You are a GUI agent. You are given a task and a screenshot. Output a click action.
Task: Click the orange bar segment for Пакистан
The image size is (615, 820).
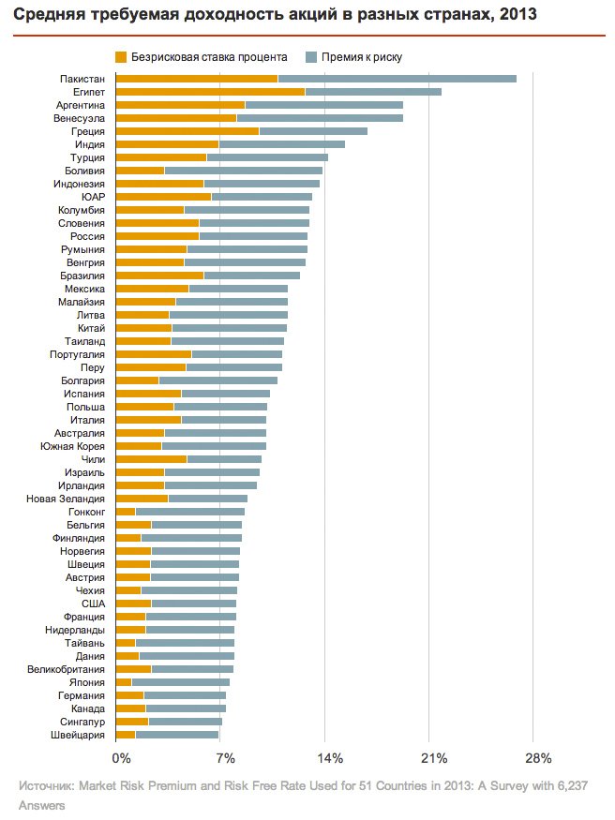196,79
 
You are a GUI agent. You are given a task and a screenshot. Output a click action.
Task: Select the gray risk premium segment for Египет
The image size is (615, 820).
373,92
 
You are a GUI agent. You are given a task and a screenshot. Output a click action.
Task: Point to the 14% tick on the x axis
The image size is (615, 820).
330,757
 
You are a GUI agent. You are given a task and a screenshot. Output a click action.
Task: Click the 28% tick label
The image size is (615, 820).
538,757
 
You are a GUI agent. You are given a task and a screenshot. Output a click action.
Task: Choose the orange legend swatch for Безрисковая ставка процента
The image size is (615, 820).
121,57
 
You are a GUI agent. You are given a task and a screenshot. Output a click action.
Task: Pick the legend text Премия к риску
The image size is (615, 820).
362,57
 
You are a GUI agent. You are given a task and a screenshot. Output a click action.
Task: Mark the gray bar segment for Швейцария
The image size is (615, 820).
176,735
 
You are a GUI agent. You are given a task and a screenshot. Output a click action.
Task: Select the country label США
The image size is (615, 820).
94,604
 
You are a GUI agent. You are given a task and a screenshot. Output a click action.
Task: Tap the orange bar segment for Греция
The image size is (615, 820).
187,131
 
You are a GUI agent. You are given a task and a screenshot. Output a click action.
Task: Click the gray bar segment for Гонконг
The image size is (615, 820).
189,512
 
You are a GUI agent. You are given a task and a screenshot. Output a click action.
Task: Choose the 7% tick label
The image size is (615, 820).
225,757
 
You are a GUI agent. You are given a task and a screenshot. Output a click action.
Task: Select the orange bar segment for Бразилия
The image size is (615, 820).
159,276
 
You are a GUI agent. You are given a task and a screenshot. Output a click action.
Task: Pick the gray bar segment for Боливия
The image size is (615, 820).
243,171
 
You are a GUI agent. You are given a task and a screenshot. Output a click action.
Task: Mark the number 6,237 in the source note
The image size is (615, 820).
570,787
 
